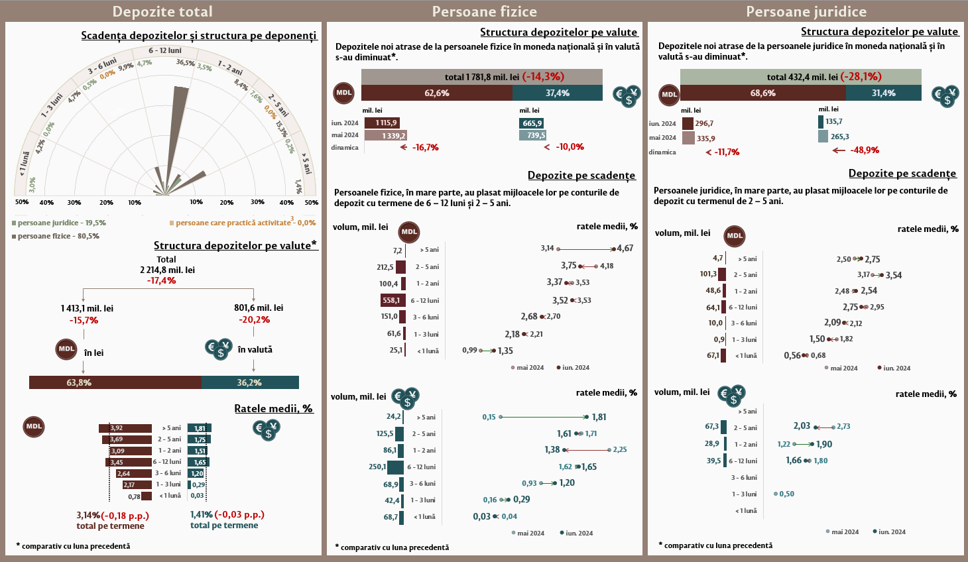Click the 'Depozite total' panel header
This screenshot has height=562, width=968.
point(162,11)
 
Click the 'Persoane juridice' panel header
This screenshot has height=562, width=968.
point(806,11)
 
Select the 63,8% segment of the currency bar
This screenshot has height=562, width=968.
point(115,382)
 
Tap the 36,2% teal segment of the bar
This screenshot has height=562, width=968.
point(250,382)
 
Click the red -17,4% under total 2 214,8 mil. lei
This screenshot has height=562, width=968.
point(162,281)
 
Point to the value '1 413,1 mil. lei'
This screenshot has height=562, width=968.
point(87,308)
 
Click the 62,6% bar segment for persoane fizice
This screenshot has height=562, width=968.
point(437,93)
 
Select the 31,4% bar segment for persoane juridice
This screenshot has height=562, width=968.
point(883,93)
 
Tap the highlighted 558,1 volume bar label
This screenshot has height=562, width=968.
point(391,300)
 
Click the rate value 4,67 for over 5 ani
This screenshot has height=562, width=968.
point(625,249)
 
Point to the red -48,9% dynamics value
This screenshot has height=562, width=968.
point(865,150)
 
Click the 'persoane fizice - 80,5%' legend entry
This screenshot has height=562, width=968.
point(58,236)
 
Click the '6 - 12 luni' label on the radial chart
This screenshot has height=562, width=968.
point(165,50)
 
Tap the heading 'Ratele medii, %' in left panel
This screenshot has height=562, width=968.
point(273,408)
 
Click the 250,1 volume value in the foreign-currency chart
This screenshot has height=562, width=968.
point(377,467)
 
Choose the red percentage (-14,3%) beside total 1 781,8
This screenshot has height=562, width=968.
point(543,77)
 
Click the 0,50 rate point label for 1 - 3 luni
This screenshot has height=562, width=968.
point(786,494)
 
